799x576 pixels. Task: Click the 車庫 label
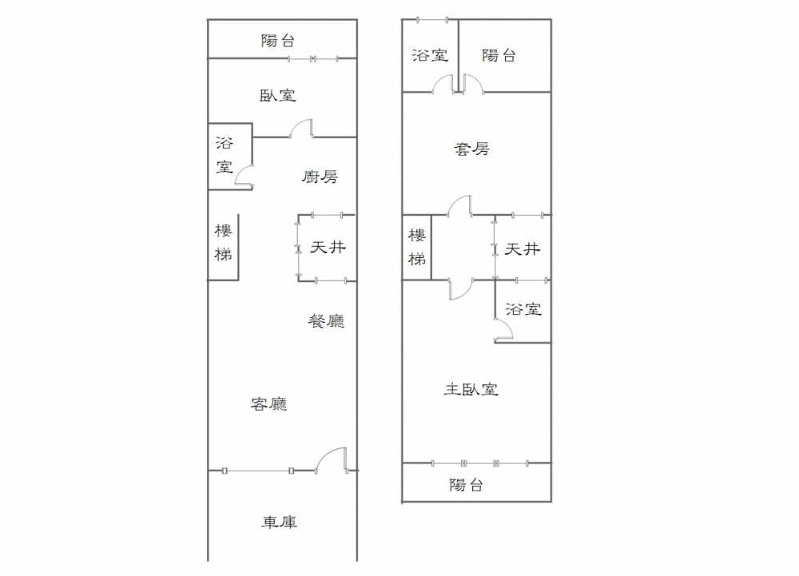click(x=279, y=522)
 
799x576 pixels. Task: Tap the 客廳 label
click(x=268, y=404)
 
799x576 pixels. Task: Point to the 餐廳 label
click(x=326, y=320)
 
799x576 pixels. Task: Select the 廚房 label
click(x=320, y=177)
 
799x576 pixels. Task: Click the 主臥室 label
click(x=471, y=389)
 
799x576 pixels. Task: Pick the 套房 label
click(x=471, y=149)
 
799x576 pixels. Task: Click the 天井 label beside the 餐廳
click(x=328, y=247)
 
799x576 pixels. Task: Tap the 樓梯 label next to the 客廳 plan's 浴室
click(x=223, y=242)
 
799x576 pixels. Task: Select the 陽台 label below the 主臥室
click(x=466, y=484)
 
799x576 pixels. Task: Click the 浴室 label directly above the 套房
click(x=430, y=55)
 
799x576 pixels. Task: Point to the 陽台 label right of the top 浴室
click(x=499, y=55)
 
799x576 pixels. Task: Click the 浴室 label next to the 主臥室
click(x=523, y=308)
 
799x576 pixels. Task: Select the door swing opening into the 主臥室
click(x=461, y=289)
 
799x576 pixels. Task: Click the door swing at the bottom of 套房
click(x=459, y=205)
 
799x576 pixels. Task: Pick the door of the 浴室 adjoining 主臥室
click(x=503, y=329)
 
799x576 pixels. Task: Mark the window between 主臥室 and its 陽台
click(x=479, y=463)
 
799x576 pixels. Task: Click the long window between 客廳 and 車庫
click(x=257, y=471)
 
